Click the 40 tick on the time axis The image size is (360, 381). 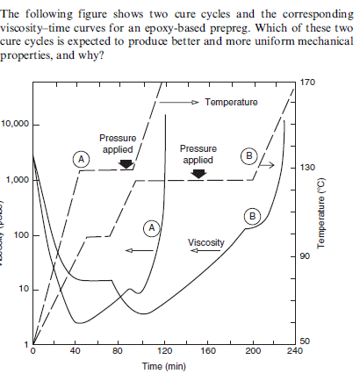coord(76,350)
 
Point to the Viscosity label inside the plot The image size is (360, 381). coord(205,241)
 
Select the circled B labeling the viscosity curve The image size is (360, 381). coord(253,215)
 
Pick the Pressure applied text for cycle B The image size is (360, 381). coord(198,155)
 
